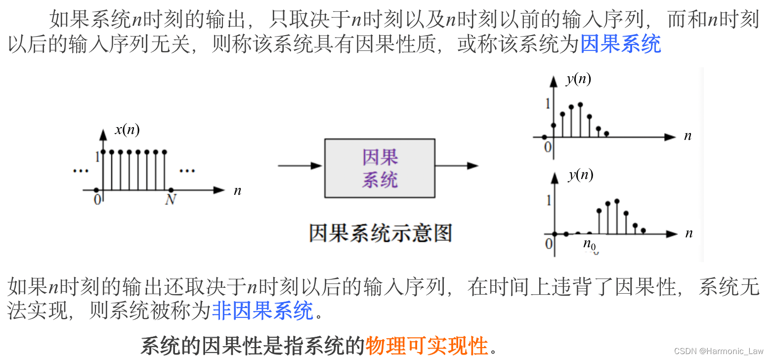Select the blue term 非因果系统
262,311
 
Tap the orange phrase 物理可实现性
427,346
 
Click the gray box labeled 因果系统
380,168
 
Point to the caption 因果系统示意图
380,232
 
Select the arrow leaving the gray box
457,166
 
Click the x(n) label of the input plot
127,130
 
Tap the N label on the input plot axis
171,200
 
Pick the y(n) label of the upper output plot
578,79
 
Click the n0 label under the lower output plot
589,244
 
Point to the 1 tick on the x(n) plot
97,157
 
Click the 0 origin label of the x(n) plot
97,199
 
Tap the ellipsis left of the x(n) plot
80,171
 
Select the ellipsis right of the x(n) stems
187,171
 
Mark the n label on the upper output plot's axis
687,136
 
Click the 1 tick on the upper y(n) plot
547,104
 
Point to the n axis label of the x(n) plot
237,191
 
